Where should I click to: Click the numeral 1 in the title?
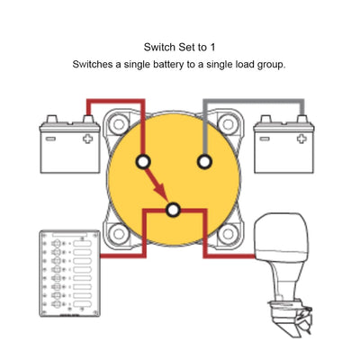pyautogui.click(x=212, y=48)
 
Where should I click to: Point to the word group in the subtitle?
pyautogui.click(x=271, y=65)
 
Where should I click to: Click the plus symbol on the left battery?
pyautogui.click(x=87, y=139)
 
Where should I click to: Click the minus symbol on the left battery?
pyautogui.click(x=50, y=139)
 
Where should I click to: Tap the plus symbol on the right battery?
pyautogui.click(x=301, y=139)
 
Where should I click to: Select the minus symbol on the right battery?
pyautogui.click(x=264, y=139)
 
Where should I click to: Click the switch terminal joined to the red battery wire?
pyautogui.click(x=143, y=162)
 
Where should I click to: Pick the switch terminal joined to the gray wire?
pyautogui.click(x=204, y=162)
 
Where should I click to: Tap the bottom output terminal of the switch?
pyautogui.click(x=173, y=211)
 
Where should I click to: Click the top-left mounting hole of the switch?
pyautogui.click(x=118, y=124)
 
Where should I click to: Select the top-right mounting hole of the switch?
pyautogui.click(x=228, y=124)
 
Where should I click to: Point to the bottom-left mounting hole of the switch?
pyautogui.click(x=118, y=234)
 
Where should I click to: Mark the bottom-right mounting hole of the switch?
pyautogui.click(x=228, y=234)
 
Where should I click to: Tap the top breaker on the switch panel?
pyautogui.click(x=57, y=244)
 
